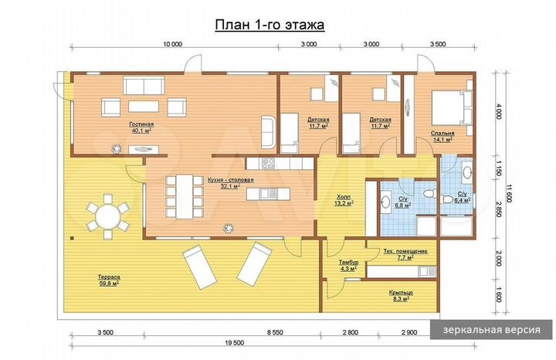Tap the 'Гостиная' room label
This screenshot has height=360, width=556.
pos(141,124)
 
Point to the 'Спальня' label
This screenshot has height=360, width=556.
pos(442,133)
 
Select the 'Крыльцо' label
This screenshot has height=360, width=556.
pos(400,294)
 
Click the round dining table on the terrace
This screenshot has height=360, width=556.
pos(108,216)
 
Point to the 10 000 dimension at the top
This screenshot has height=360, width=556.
pos(173,44)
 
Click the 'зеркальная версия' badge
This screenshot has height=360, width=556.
pos(491,330)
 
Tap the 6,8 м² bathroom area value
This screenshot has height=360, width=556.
pos(402,205)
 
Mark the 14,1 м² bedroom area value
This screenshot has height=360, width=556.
pos(442,141)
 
